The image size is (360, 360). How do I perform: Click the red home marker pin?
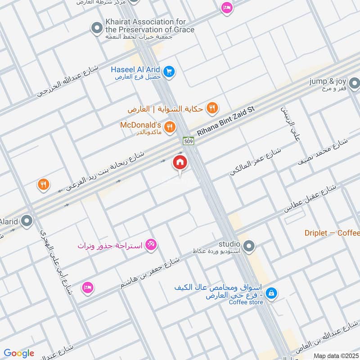(180, 162)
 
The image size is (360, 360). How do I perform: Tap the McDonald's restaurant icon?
(169, 128)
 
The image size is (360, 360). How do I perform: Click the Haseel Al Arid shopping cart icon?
(169, 72)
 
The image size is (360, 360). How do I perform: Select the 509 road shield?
(188, 141)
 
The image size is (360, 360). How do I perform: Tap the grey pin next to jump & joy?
(355, 83)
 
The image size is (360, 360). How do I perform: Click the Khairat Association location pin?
(96, 29)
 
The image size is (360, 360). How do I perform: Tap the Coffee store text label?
(246, 302)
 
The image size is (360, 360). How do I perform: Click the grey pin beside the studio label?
(250, 246)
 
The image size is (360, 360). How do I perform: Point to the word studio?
(231, 243)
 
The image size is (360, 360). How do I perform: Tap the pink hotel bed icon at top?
(227, 8)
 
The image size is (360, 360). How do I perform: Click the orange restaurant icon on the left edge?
(43, 184)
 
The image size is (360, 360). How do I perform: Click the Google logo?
(19, 353)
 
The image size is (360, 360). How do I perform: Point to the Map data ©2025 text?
(335, 356)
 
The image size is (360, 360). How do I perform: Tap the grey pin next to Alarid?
(27, 221)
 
